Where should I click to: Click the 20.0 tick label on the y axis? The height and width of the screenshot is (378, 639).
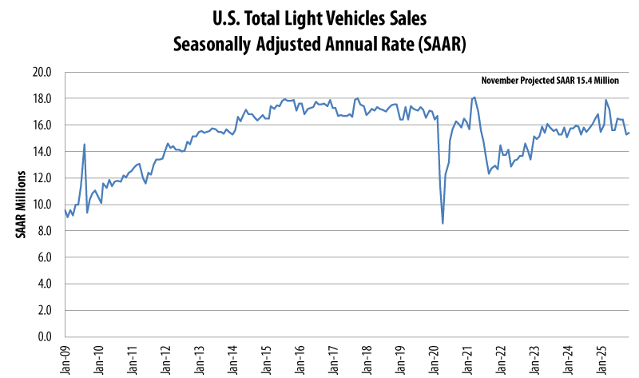tap(42, 72)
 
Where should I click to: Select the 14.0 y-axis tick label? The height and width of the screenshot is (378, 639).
tap(42, 152)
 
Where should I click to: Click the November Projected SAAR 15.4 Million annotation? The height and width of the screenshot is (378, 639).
tap(550, 82)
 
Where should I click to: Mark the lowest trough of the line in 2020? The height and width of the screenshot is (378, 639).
tap(443, 223)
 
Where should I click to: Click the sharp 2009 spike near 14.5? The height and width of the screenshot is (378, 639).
tap(85, 145)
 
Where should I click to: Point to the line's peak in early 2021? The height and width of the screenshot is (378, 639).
tap(474, 97)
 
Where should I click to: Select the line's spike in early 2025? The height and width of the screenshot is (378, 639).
tap(606, 101)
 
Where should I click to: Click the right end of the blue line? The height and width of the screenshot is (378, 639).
tap(629, 133)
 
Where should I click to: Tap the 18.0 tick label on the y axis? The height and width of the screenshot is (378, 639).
tap(42, 98)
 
